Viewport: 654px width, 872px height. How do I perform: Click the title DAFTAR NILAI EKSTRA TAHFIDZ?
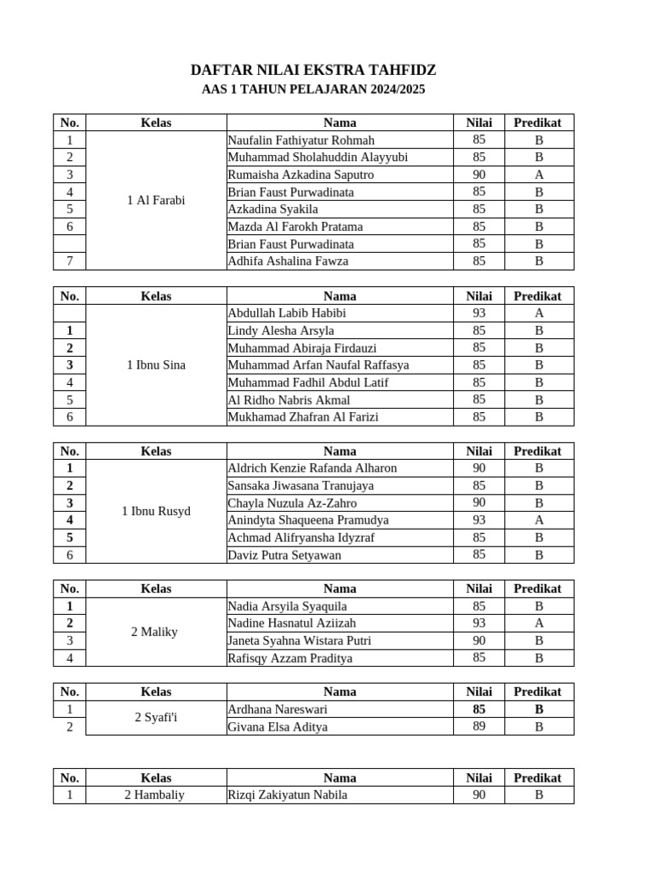[313, 71]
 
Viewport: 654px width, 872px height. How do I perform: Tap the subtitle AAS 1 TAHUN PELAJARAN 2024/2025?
[313, 89]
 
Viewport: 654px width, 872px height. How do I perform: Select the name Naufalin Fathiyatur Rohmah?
[301, 140]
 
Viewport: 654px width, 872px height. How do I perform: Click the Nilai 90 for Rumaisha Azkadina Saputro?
[479, 174]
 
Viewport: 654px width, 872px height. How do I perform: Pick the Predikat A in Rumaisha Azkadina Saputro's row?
[538, 174]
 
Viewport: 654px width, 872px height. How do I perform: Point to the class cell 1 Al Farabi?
[156, 200]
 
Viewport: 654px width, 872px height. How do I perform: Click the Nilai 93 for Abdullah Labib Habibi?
[479, 313]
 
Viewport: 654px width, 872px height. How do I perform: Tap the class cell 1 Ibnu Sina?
[156, 364]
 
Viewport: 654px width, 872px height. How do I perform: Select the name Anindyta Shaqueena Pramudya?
[308, 519]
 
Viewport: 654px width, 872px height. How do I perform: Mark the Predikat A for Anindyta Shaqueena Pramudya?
[538, 519]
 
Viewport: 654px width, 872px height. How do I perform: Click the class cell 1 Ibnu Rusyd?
[156, 511]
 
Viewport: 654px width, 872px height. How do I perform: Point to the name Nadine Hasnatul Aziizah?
[292, 623]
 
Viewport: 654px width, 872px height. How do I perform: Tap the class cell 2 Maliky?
[154, 632]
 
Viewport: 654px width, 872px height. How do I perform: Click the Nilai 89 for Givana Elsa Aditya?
[479, 726]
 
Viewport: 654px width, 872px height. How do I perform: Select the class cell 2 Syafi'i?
[156, 718]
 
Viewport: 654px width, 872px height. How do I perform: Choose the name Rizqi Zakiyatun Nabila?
[288, 795]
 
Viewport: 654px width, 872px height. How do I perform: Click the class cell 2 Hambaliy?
[154, 795]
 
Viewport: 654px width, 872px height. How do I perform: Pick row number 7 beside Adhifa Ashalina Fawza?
[70, 261]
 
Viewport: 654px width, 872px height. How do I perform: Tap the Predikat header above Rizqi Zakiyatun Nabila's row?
[537, 777]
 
